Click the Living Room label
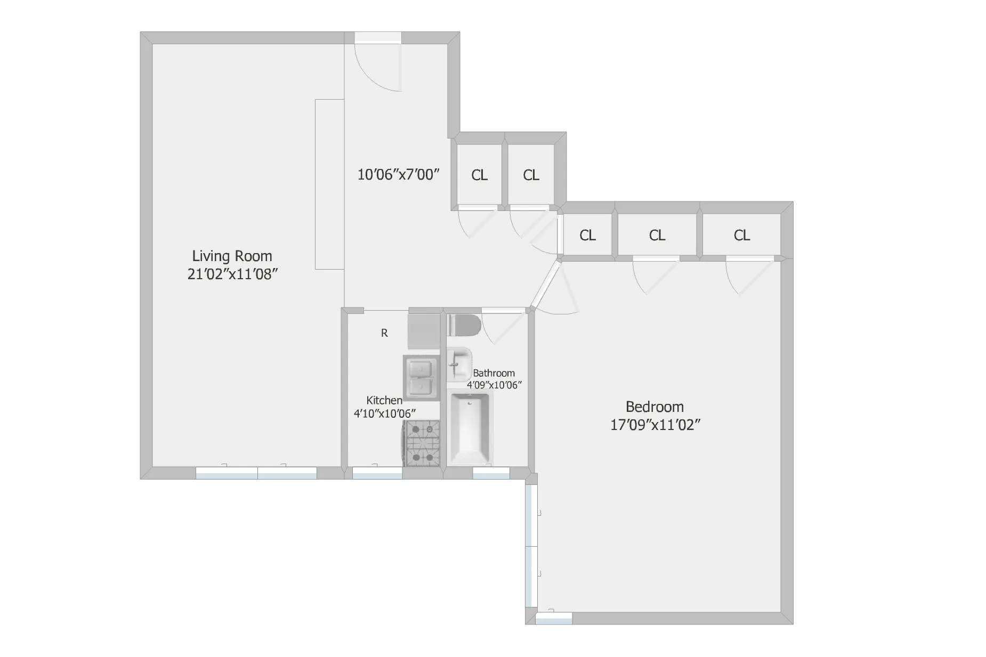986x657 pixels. [232, 256]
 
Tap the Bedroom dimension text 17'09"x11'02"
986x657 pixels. [654, 425]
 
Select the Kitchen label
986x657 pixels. [384, 400]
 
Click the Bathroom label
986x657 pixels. [494, 373]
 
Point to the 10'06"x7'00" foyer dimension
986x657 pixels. [398, 175]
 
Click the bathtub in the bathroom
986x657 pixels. [471, 429]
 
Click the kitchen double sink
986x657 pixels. [421, 377]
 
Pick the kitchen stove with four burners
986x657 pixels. [422, 443]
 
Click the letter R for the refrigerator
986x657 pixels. [384, 333]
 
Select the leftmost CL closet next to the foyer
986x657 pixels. [479, 175]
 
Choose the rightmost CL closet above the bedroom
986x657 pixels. [741, 235]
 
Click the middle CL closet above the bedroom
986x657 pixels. [657, 235]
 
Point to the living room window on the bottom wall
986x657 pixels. [256, 473]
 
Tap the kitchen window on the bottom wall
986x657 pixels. [377, 473]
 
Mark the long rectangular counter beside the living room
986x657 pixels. [329, 184]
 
